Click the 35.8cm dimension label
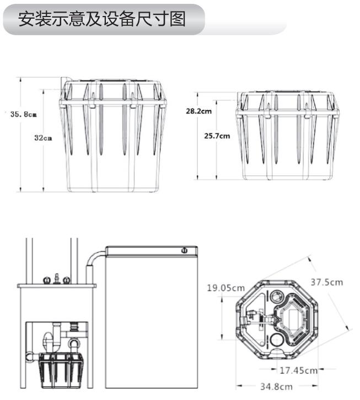coord(24,114)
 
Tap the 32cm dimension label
coord(43,138)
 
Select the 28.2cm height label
coord(198,111)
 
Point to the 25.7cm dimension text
coord(217,136)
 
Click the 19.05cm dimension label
coord(225,288)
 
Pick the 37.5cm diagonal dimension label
coord(326,283)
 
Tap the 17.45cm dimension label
coord(298,370)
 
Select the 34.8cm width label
coord(277,386)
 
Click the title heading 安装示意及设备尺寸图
coord(102,19)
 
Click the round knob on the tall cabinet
coord(184,251)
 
